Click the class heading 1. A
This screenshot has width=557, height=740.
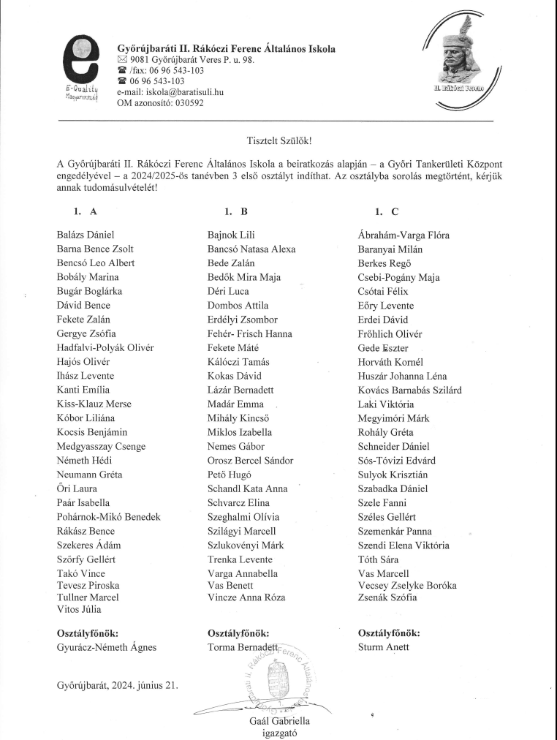tap(85, 212)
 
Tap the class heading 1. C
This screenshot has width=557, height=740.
tap(387, 212)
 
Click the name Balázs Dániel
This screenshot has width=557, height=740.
tap(86, 235)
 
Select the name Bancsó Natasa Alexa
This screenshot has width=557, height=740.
tap(251, 249)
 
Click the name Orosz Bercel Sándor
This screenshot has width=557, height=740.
tap(250, 461)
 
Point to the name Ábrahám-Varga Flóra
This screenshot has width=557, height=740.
tap(403, 235)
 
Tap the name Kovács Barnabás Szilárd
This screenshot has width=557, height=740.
tap(409, 390)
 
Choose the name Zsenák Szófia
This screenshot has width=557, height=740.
tap(387, 597)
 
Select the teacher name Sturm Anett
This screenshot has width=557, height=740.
tap(384, 647)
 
